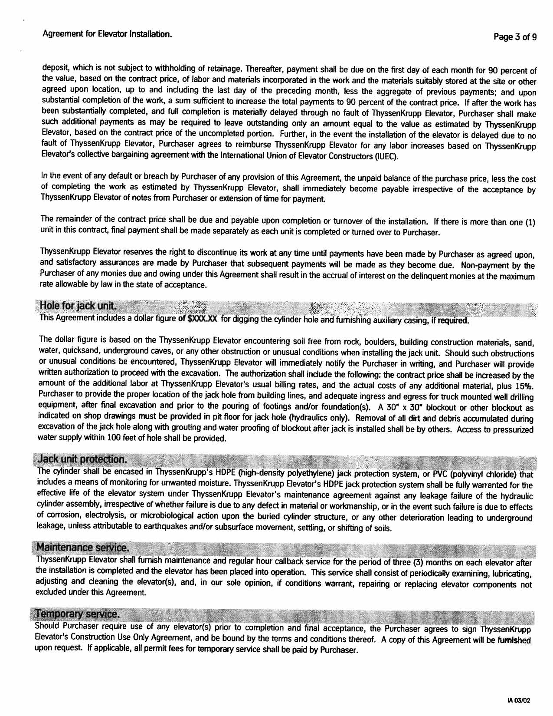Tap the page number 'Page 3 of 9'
click(515, 37)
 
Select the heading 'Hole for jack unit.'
click(78, 305)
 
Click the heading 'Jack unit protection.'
click(82, 459)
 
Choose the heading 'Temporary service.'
click(77, 614)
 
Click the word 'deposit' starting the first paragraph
click(54, 68)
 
